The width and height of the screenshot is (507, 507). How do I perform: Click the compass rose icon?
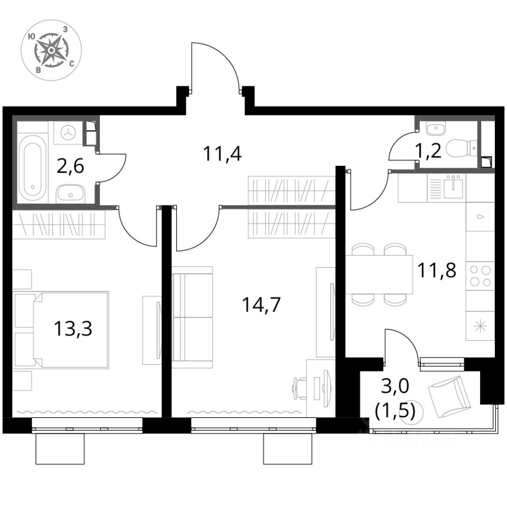pos(51,51)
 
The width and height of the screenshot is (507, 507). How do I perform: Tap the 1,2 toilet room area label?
pos(429,152)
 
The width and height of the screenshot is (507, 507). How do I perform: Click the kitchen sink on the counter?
pos(454,186)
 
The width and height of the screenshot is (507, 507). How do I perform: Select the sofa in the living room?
pos(193,317)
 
